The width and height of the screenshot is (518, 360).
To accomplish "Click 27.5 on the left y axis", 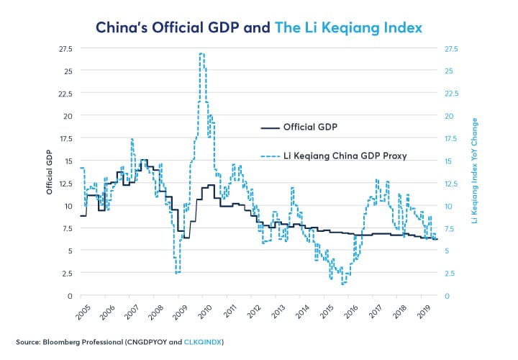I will (x=65, y=49).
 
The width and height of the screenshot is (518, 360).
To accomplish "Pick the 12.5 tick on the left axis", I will (x=65, y=183).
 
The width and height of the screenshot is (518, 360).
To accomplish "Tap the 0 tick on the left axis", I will (x=70, y=296).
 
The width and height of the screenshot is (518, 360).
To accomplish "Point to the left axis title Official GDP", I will (x=50, y=172).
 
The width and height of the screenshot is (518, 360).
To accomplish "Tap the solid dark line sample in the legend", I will (x=268, y=128).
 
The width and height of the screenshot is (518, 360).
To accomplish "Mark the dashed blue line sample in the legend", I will (x=268, y=154).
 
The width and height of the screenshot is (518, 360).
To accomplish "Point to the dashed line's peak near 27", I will (x=202, y=53).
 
